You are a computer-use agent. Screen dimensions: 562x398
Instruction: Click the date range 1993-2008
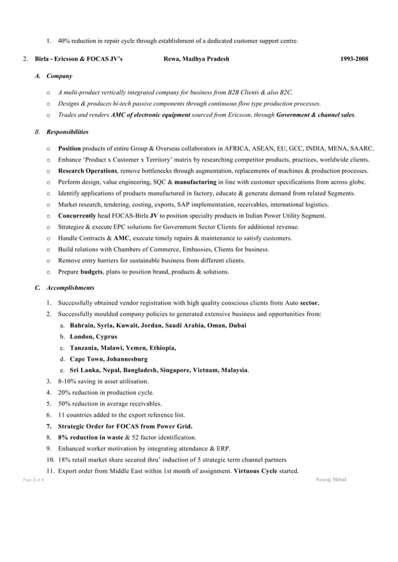point(354,59)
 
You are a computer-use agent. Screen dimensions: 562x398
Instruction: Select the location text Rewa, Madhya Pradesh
point(196,59)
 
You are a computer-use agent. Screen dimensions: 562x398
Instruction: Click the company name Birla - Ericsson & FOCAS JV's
point(79,59)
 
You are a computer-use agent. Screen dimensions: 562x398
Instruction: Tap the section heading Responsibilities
point(67,132)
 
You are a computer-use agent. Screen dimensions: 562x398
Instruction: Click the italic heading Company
point(59,76)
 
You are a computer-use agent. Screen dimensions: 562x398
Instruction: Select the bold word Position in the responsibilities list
point(69,149)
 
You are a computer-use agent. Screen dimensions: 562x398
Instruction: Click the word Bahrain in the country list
point(81,325)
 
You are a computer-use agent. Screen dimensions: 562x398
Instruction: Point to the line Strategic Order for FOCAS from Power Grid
point(125,426)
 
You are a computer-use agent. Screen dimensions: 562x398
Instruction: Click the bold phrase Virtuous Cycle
point(256,470)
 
